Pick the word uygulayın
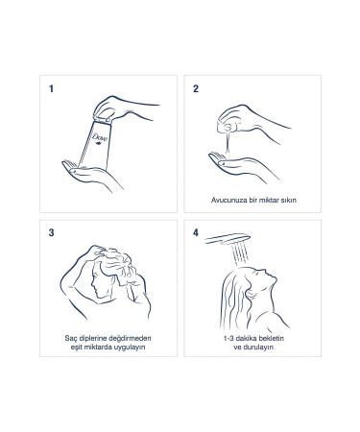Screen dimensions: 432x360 [130, 349]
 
